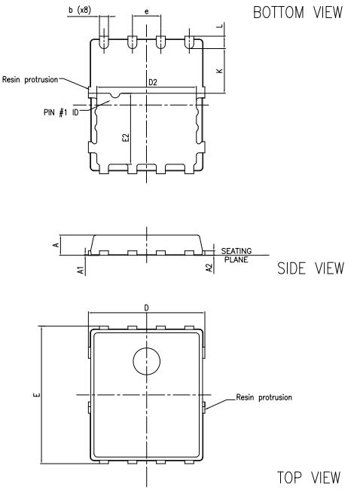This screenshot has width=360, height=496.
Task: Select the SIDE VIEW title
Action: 310,269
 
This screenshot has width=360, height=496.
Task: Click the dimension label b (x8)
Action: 80,9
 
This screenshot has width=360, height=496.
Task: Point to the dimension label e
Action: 145,12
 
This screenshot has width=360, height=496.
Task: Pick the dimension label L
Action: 218,26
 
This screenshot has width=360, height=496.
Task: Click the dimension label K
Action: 218,71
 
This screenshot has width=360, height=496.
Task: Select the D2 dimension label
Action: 153,81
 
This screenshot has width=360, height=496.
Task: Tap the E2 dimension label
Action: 126,138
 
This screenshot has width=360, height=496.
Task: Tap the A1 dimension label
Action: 80,269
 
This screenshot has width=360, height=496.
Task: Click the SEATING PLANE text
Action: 236,255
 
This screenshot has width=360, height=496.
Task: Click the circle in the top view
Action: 147,362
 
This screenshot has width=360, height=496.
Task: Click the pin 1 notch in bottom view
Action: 113,96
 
